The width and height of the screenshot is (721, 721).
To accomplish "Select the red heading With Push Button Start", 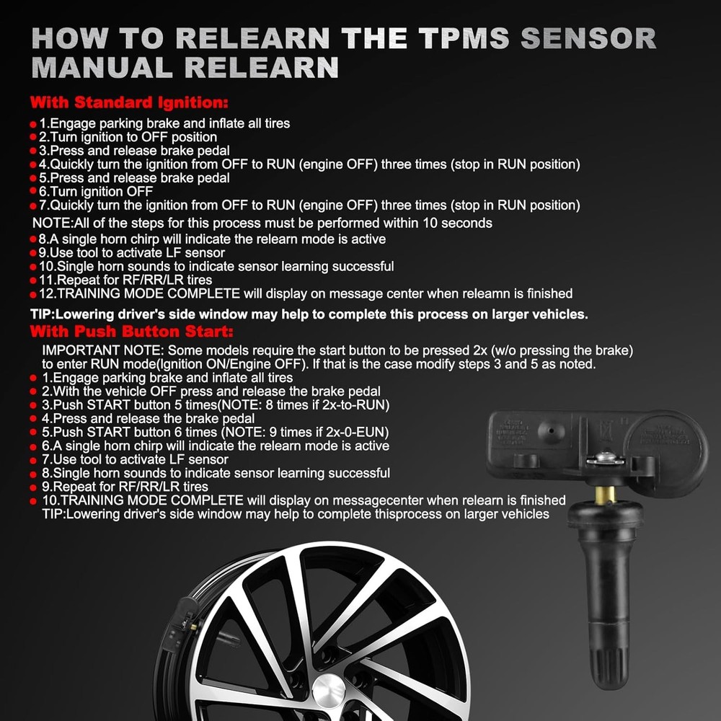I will click(x=131, y=332).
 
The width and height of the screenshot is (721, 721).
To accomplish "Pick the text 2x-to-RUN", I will click(x=357, y=404).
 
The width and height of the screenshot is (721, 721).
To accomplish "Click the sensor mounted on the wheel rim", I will click(x=180, y=624).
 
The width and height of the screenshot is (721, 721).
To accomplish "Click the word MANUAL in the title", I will click(x=102, y=67).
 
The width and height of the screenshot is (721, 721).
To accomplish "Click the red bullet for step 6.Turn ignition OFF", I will click(x=33, y=192).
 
